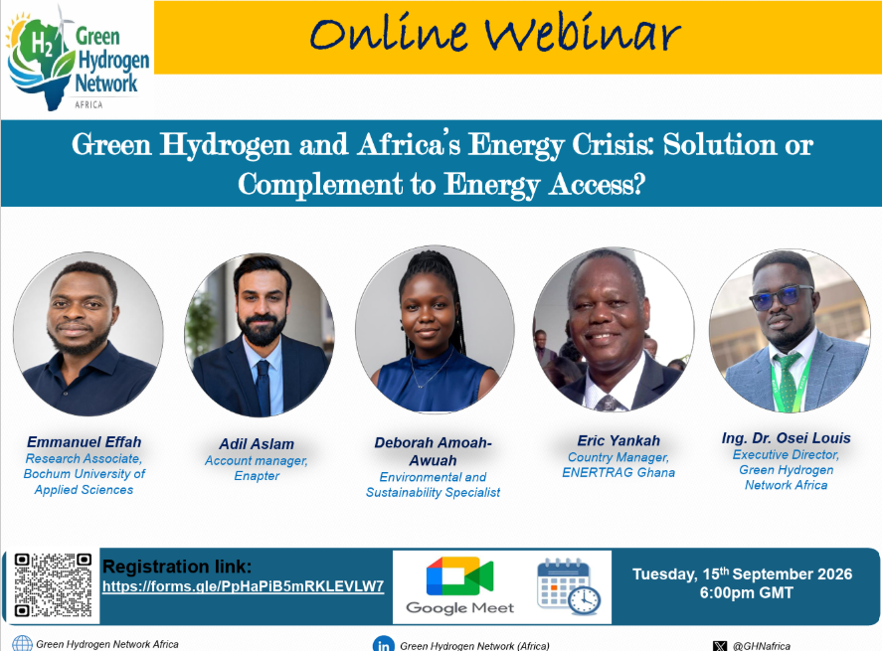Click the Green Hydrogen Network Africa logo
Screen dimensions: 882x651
point(78,58)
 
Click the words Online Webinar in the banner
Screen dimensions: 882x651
point(495,35)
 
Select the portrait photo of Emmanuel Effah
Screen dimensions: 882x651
point(88,334)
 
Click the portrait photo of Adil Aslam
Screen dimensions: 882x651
point(260,335)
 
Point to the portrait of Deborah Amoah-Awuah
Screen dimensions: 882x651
point(435,329)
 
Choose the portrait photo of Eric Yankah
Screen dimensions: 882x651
point(614,329)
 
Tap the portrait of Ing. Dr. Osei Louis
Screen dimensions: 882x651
point(790,331)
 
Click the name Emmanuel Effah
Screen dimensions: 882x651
point(84,442)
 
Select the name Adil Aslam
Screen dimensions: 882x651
point(257,444)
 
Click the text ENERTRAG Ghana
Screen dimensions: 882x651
point(618,473)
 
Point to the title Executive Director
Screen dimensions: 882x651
point(786,455)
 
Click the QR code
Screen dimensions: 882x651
point(53,585)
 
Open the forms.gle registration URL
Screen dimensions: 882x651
point(243,586)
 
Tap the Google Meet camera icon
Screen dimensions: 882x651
point(459,575)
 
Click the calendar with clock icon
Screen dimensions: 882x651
point(569,586)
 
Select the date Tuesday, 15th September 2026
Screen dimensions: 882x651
point(742,574)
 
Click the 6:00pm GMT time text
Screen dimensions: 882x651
point(747,593)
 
